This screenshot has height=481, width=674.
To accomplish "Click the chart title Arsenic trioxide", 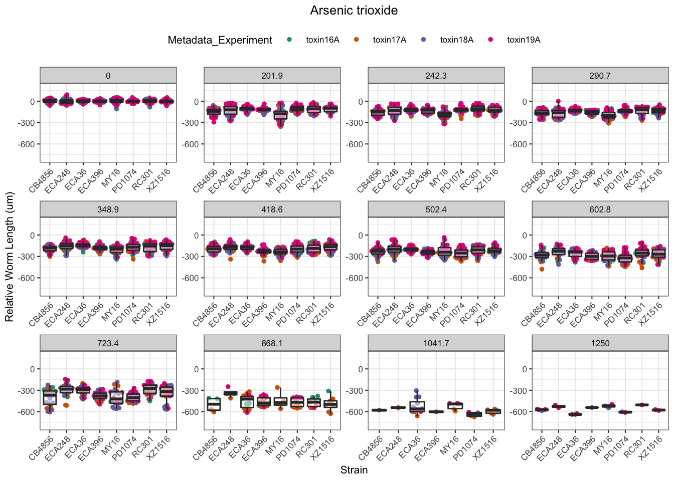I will (354, 11).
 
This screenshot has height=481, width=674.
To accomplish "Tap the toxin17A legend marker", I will (357, 40).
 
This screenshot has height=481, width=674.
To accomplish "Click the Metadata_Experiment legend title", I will (220, 40).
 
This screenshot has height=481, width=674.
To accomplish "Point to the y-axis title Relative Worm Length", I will (10, 257).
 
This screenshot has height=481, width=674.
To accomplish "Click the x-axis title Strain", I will (354, 470).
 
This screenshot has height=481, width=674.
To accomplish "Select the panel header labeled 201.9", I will (272, 76).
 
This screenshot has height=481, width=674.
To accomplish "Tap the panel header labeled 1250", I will (600, 343).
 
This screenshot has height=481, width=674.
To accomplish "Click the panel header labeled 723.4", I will (108, 343).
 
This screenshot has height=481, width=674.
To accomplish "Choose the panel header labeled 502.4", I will (436, 209).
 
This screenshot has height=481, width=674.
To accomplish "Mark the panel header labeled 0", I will (108, 76).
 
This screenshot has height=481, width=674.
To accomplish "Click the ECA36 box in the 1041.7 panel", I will (417, 406).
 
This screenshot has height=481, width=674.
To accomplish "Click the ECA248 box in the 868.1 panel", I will (231, 393).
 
